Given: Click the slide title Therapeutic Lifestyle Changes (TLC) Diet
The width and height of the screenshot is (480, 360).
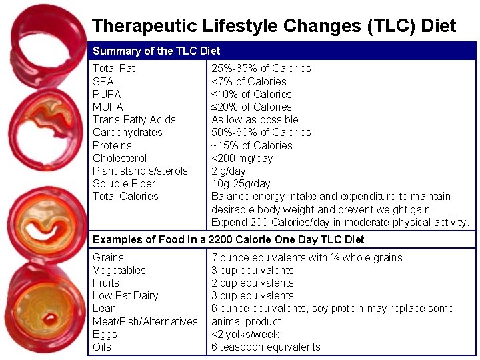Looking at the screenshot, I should (x=274, y=26).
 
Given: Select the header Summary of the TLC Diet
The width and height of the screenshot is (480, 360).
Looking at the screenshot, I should (x=156, y=51).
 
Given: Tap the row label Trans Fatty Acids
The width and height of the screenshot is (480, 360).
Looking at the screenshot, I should (x=134, y=120).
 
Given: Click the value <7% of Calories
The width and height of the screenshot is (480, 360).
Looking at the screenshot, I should (x=249, y=81).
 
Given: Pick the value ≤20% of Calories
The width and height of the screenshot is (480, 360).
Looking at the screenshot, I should (x=251, y=107).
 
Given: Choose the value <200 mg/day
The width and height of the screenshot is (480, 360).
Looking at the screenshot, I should (x=242, y=158).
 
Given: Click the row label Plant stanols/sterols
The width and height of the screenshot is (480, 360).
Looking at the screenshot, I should (x=140, y=171).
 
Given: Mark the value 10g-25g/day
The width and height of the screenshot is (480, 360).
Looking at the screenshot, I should (x=241, y=183).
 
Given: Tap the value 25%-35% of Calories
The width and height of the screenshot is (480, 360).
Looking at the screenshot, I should (x=261, y=68).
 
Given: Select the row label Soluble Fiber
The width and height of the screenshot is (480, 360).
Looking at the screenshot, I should (x=124, y=183).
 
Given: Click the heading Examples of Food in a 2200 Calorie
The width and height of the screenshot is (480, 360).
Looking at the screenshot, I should (x=228, y=239).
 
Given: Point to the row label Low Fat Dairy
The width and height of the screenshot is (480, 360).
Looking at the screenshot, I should (x=126, y=295).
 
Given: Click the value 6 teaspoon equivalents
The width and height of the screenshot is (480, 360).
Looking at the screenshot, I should (x=265, y=347).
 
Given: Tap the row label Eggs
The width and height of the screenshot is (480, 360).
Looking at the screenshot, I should (x=105, y=334).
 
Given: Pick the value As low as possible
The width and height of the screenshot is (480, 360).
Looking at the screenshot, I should (x=255, y=120).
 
